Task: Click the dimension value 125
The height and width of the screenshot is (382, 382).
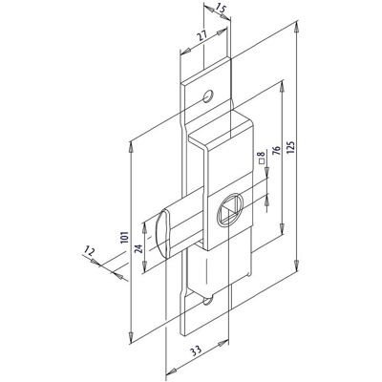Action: pyautogui.click(x=292, y=145)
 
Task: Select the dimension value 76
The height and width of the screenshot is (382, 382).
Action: pyautogui.click(x=276, y=151)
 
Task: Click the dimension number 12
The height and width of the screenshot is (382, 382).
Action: pyautogui.click(x=89, y=252)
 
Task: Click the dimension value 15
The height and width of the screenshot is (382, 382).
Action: pyautogui.click(x=221, y=9)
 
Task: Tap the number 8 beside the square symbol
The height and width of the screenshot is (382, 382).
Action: pyautogui.click(x=263, y=155)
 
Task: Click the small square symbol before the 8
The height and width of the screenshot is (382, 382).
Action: pyautogui.click(x=263, y=161)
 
